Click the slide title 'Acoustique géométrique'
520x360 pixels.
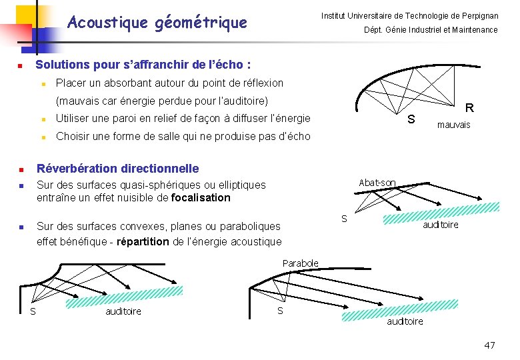click(157, 23)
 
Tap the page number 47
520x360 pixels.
click(489, 345)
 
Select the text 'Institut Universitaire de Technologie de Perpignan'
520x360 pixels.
click(409, 15)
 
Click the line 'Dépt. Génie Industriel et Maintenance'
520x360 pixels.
click(430, 30)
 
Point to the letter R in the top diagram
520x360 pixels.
click(469, 107)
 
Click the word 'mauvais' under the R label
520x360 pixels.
click(453, 125)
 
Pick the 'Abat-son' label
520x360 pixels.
click(377, 183)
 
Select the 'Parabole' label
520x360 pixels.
click(300, 263)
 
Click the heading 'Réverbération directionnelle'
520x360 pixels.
click(117, 168)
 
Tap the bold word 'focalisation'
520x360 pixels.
click(201, 197)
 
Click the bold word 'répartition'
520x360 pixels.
click(143, 241)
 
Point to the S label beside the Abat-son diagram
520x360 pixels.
click(344, 219)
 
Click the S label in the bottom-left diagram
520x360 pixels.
click(33, 311)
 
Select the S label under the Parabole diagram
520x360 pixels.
click(280, 311)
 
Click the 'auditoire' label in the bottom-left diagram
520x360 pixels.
click(123, 311)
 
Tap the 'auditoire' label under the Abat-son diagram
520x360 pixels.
click(441, 225)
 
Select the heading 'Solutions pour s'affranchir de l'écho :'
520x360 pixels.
click(143, 65)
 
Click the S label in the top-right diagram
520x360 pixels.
click(411, 119)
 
